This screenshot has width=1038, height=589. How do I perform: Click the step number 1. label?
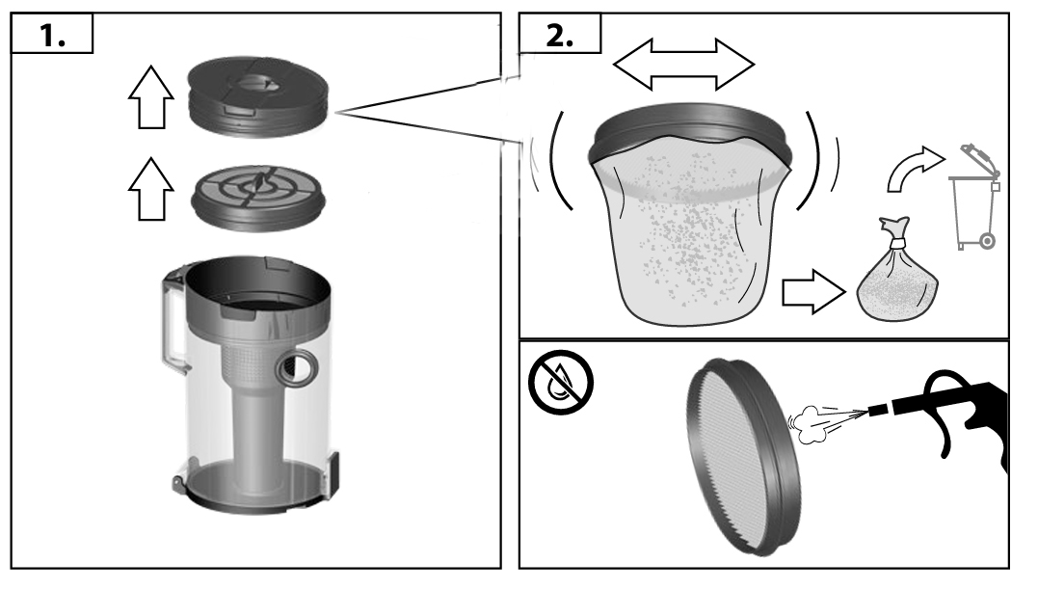click(x=52, y=35)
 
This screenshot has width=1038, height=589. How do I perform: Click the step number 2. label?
click(x=559, y=35)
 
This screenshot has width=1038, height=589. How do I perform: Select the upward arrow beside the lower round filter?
click(x=151, y=189)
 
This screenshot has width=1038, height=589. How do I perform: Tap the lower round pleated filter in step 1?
click(x=258, y=198)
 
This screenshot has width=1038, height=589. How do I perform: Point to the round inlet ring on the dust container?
click(x=295, y=367)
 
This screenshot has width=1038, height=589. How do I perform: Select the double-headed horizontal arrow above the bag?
click(x=684, y=65)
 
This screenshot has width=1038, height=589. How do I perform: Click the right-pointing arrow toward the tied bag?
click(x=814, y=292)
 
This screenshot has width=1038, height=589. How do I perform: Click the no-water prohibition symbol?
click(x=561, y=383)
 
